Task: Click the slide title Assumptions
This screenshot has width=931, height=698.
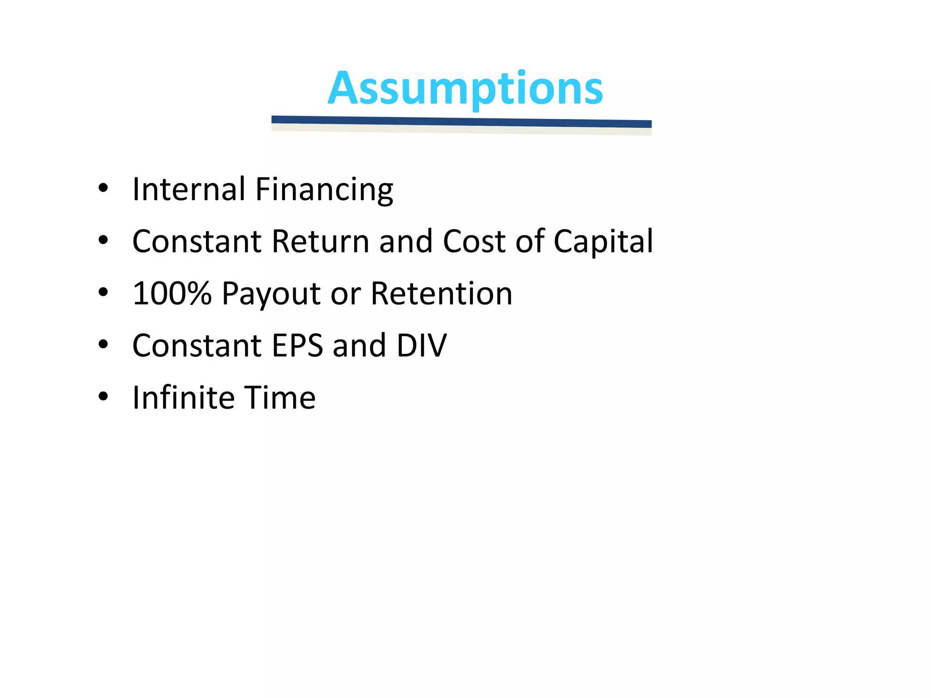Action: [x=465, y=88]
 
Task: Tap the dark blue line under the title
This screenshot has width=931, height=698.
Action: [x=461, y=121]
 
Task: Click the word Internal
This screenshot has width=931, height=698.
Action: [x=189, y=189]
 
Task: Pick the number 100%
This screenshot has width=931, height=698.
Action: [x=172, y=293]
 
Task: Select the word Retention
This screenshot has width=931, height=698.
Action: [x=441, y=294]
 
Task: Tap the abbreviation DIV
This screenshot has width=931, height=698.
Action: [x=421, y=346]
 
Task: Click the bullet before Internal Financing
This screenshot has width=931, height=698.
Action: [x=103, y=189]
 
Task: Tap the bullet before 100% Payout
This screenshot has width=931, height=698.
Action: [x=103, y=293]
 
